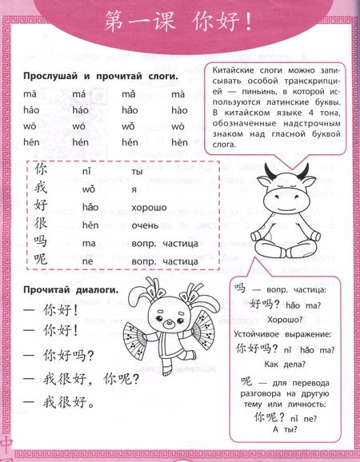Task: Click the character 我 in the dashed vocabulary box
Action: pyautogui.click(x=42, y=189)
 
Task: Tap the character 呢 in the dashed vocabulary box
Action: pyautogui.click(x=42, y=260)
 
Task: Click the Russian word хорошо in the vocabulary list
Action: pyautogui.click(x=153, y=208)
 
